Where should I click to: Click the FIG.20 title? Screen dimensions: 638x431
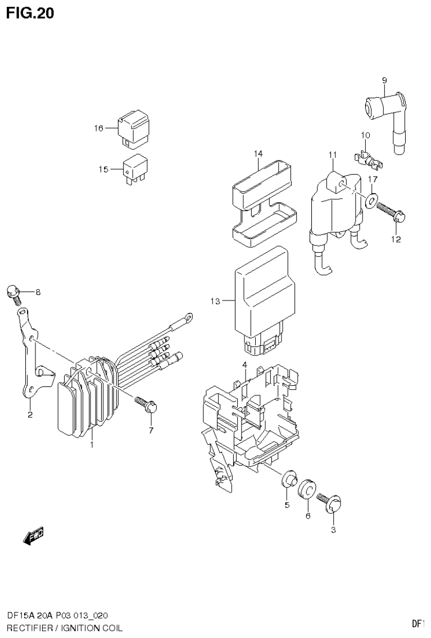(30, 13)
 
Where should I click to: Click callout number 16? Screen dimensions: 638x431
(98, 129)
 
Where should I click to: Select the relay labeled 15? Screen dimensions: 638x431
(134, 167)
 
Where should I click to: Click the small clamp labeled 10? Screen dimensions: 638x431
(369, 157)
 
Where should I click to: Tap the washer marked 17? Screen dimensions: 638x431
(371, 200)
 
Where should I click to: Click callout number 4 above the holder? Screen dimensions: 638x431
(245, 365)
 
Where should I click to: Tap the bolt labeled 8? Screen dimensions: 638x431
(13, 292)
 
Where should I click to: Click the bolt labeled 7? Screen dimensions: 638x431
(147, 405)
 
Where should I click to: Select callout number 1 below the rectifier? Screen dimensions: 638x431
(92, 444)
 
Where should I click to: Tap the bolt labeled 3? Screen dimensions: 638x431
(330, 501)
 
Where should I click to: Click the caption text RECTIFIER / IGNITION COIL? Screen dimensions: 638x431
(64, 627)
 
